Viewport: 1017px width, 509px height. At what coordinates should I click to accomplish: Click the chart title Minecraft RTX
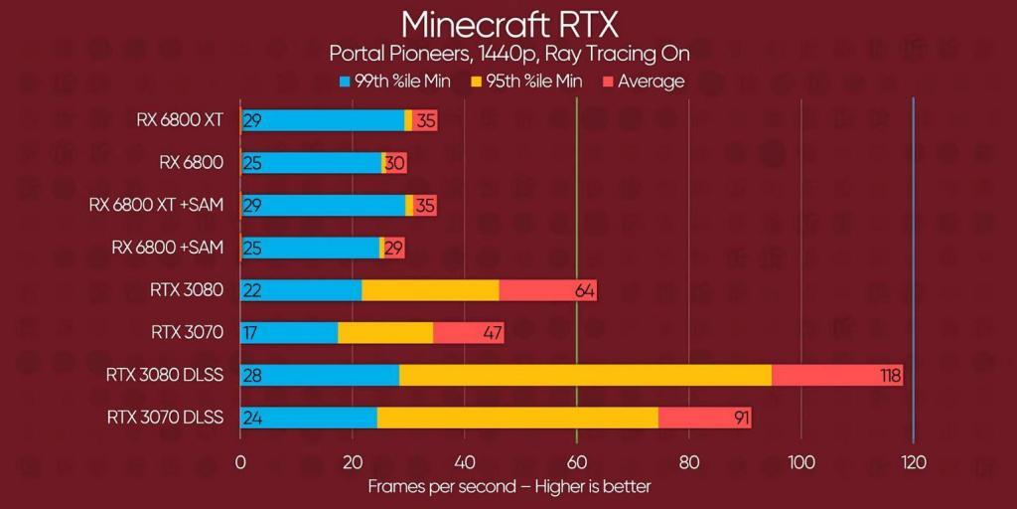click(508, 23)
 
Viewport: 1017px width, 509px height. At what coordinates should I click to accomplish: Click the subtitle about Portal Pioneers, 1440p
click(508, 53)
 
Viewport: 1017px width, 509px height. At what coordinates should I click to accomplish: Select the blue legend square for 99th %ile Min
click(345, 81)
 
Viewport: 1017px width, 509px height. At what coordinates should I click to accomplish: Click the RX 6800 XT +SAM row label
click(156, 205)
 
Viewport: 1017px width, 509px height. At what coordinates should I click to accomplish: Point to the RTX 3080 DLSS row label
click(165, 375)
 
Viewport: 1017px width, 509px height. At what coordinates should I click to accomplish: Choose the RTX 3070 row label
click(187, 332)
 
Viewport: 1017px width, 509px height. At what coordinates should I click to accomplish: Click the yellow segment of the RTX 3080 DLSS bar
click(585, 375)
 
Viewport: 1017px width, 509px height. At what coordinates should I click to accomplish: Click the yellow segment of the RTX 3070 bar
click(385, 332)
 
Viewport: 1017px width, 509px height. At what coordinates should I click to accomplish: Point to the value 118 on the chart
click(889, 375)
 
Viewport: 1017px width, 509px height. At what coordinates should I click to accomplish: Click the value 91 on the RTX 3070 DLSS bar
click(741, 418)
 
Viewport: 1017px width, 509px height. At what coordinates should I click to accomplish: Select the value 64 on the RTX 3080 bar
click(584, 289)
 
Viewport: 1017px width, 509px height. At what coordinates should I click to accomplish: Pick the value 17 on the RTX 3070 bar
click(250, 332)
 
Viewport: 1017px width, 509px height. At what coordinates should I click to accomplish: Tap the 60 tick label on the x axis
click(576, 462)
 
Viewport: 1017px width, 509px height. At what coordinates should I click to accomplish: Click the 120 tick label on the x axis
click(913, 462)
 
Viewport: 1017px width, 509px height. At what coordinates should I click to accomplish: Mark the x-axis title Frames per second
click(508, 486)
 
